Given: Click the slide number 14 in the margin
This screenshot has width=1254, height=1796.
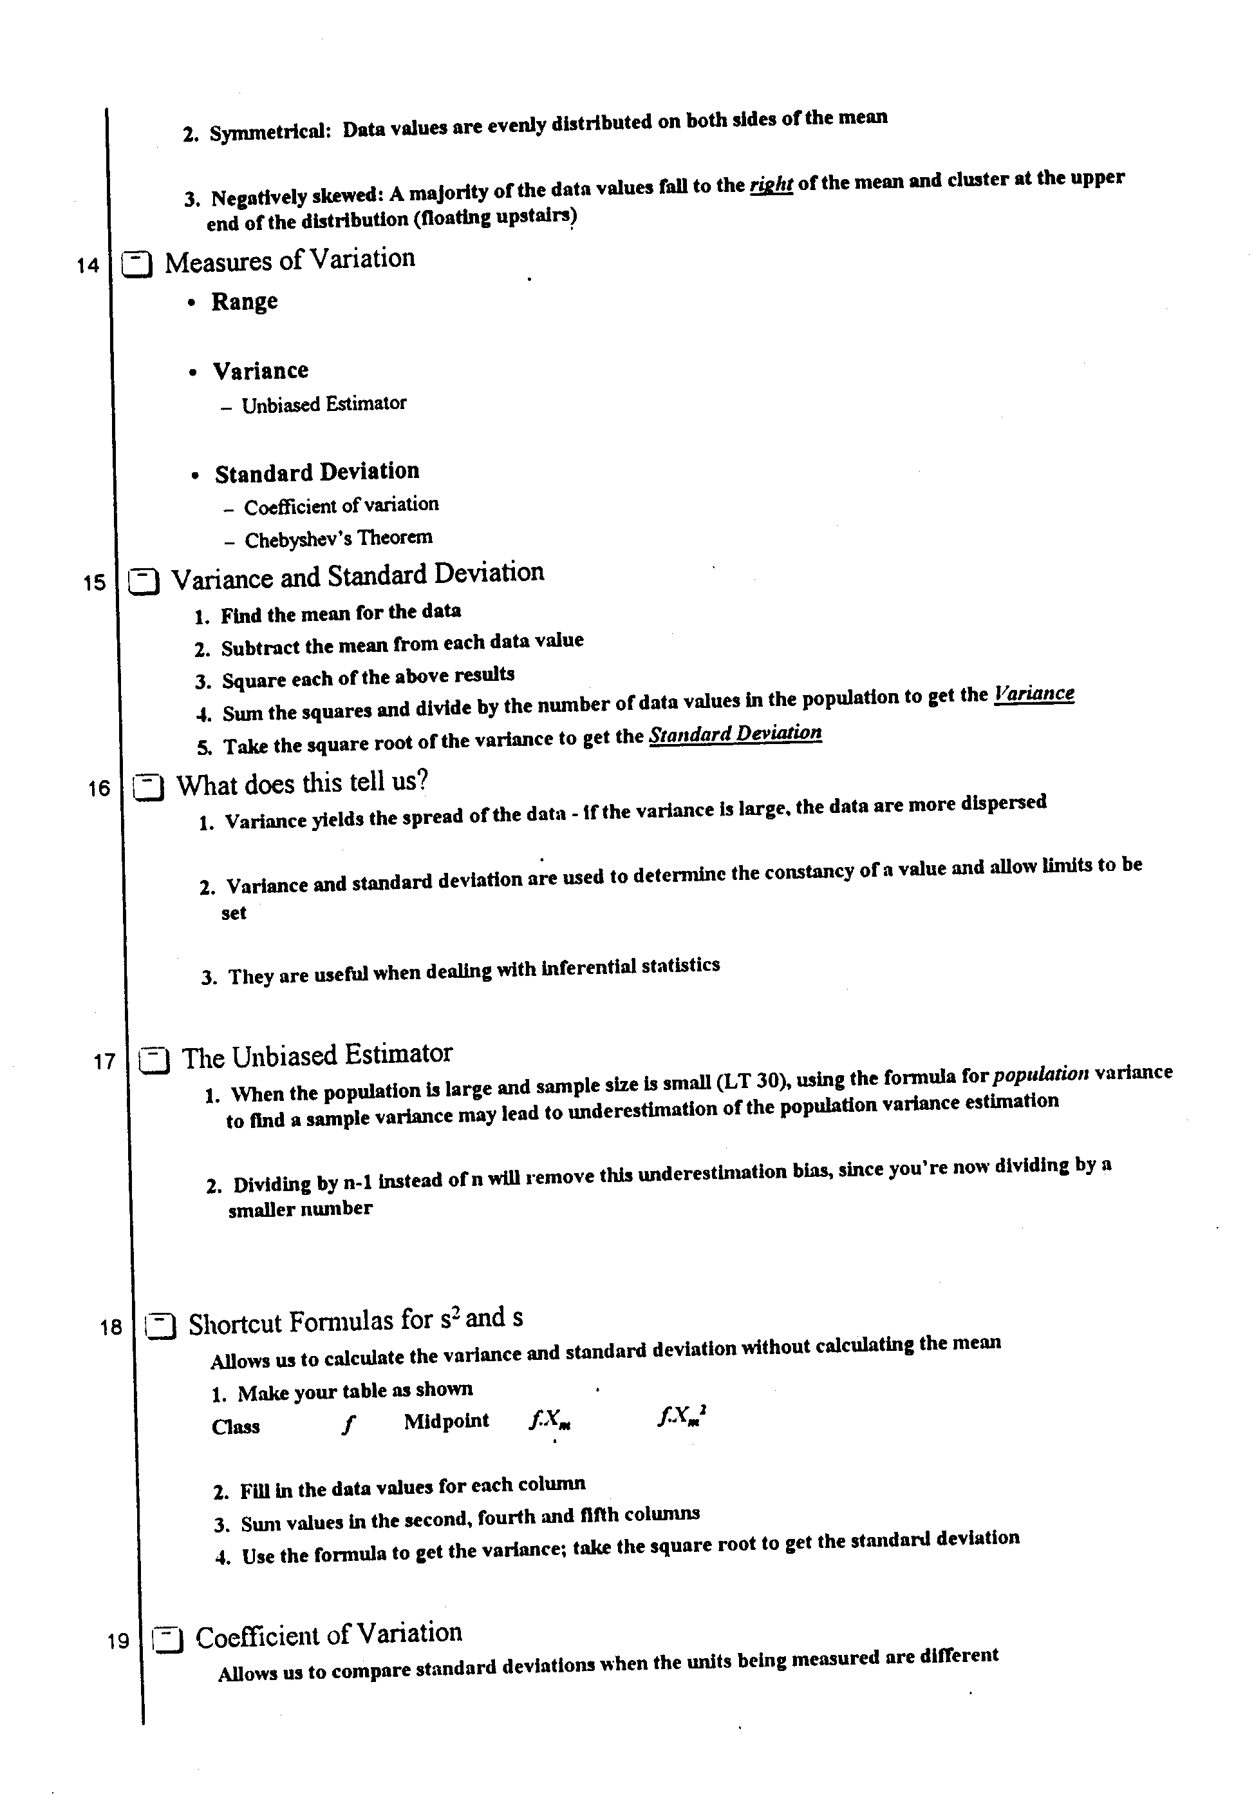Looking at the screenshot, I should click(x=88, y=266).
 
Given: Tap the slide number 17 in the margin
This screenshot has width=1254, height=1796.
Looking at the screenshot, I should click(x=104, y=1062).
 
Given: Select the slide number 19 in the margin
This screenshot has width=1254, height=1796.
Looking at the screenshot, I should click(x=118, y=1640).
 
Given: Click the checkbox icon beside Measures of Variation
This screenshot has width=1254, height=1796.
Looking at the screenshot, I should click(x=138, y=264).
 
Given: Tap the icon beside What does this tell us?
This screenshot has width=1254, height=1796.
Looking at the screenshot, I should click(x=148, y=787).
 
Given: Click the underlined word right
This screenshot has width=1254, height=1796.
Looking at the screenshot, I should click(x=771, y=185).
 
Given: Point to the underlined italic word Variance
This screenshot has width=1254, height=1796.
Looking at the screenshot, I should click(x=1034, y=694).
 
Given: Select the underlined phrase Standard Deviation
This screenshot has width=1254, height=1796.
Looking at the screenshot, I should click(x=735, y=734).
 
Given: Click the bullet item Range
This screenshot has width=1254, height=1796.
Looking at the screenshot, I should click(x=244, y=302).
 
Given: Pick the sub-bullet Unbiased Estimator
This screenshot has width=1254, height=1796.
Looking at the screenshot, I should click(x=324, y=404).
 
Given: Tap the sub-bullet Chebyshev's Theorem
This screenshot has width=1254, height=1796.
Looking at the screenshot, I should click(x=338, y=538).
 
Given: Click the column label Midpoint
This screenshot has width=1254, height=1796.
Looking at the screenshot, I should click(x=446, y=1421).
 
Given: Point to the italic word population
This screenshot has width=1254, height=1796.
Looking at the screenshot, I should click(x=1040, y=1074).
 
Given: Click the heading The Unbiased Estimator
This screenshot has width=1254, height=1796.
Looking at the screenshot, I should click(x=317, y=1055).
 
